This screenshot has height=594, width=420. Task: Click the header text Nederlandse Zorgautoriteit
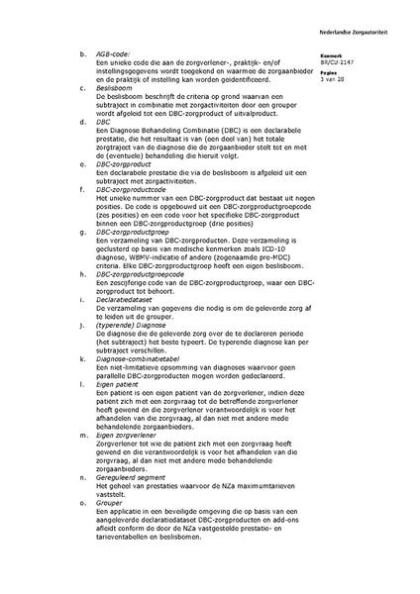coord(375,18)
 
